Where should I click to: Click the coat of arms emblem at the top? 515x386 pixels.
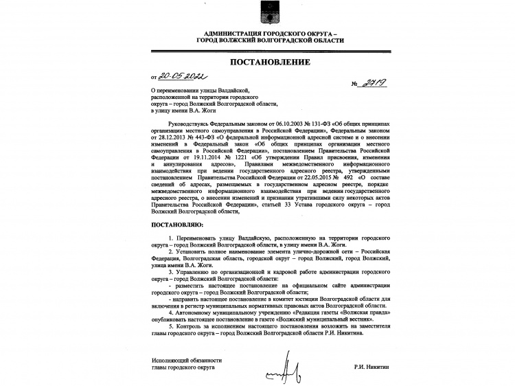(257, 11)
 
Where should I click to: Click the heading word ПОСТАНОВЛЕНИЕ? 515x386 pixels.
(257, 63)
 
